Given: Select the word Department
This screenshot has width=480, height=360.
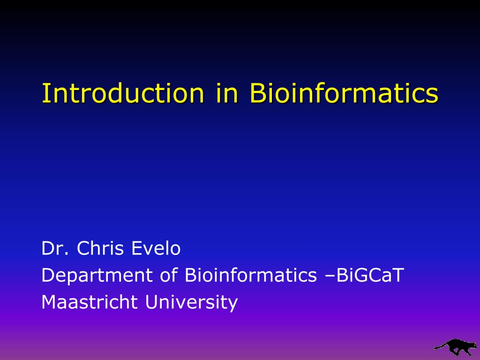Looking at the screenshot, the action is click(x=97, y=275).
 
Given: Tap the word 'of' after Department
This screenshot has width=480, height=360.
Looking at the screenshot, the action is click(x=169, y=275).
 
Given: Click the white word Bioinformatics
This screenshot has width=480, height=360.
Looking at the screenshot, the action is click(x=251, y=275).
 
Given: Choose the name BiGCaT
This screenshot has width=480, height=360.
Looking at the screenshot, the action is click(x=370, y=275).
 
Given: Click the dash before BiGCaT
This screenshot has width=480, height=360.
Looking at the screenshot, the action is click(x=330, y=276).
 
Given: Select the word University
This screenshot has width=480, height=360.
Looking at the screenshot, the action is click(x=191, y=302).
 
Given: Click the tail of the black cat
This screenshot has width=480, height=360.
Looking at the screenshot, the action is click(x=440, y=347).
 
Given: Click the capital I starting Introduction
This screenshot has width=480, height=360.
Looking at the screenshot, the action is click(x=45, y=93).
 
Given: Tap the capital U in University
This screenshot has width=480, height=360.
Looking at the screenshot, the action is click(x=151, y=302).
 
